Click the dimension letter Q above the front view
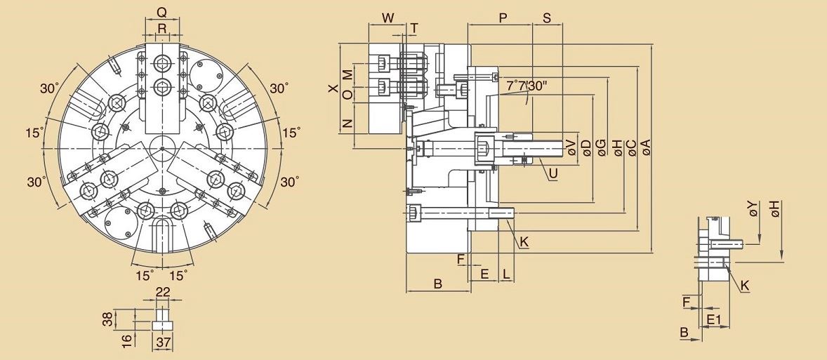(x=161, y=12)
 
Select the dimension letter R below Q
(x=162, y=28)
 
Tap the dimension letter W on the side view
(x=388, y=18)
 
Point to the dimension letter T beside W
(x=414, y=28)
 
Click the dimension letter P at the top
(x=503, y=18)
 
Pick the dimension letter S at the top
(x=547, y=18)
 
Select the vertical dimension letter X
(x=333, y=89)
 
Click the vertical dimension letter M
(x=347, y=74)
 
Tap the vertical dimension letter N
(x=347, y=124)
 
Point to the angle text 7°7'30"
(x=527, y=86)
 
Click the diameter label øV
(x=571, y=147)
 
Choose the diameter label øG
(x=601, y=147)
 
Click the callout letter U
(x=554, y=173)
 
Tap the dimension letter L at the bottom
(x=506, y=274)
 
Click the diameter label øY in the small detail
(x=753, y=208)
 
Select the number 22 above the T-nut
(x=163, y=293)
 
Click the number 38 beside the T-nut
(x=107, y=319)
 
